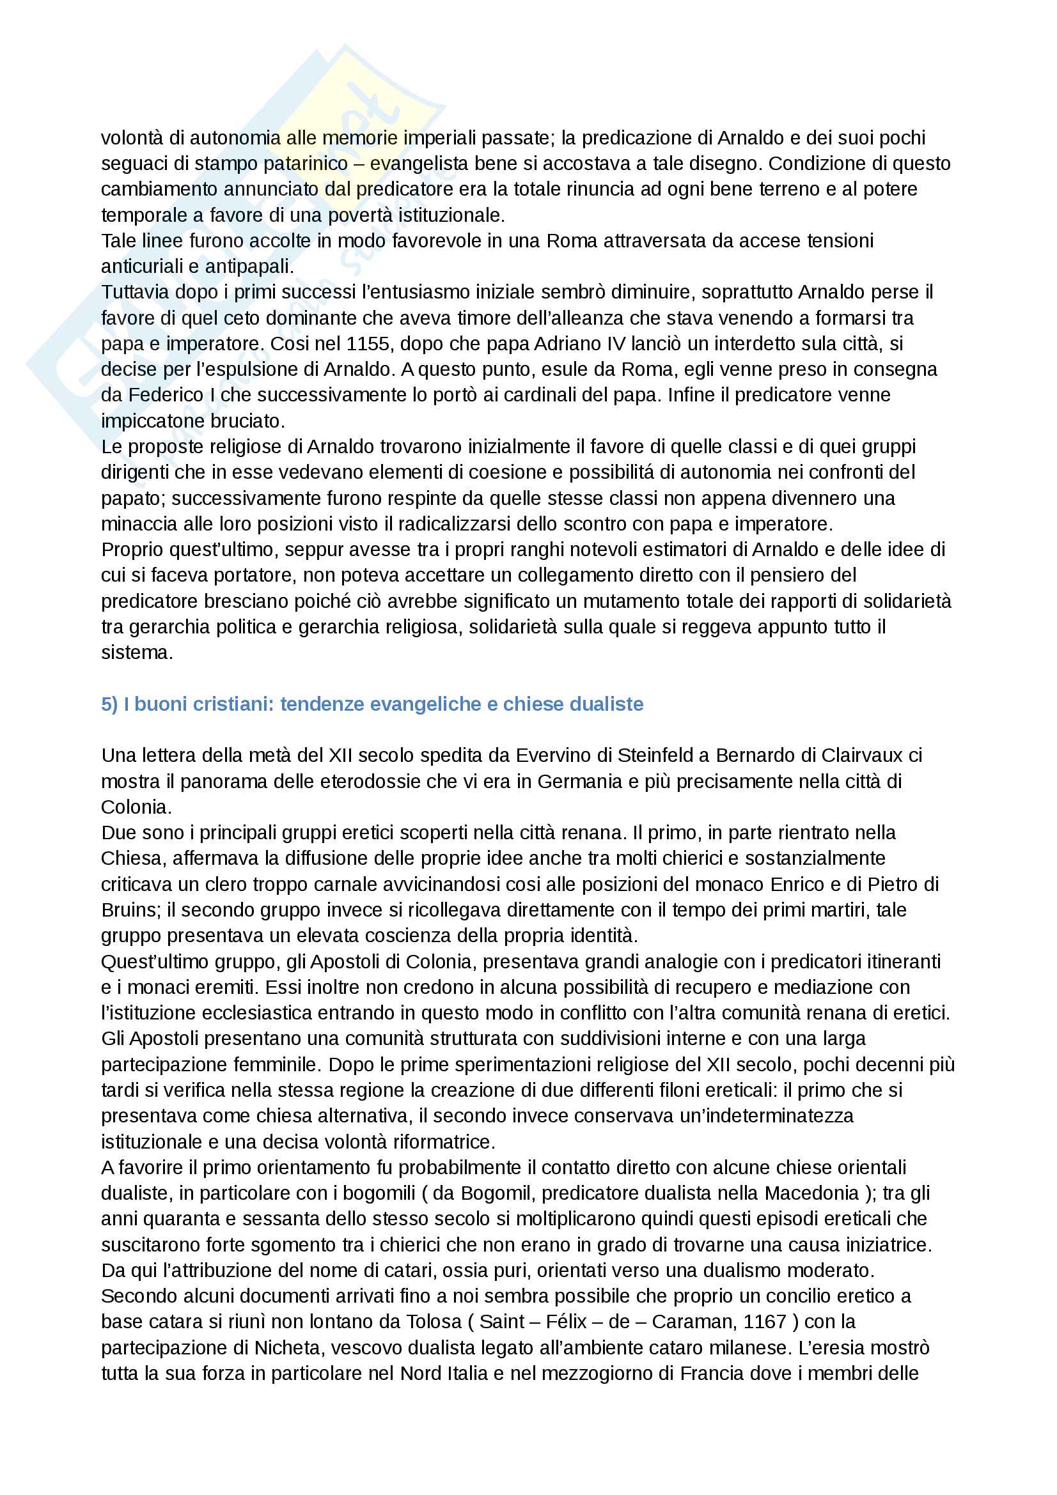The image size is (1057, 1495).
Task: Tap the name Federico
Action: [x=166, y=394]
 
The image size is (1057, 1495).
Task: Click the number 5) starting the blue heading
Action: [x=109, y=704]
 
